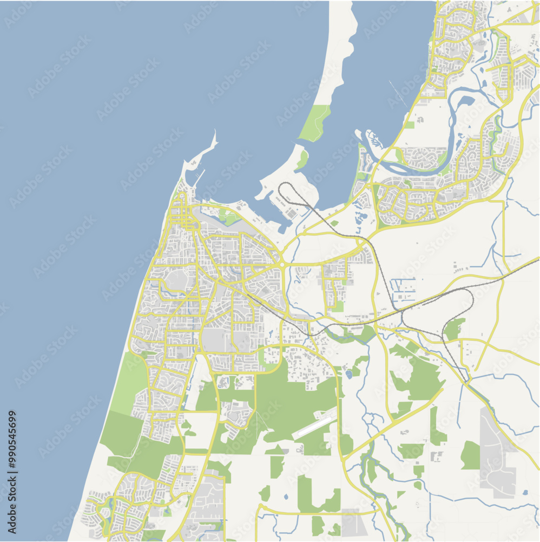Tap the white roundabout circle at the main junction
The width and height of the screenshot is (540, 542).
[x=282, y=264]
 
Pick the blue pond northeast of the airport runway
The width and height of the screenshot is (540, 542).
[x=349, y=374]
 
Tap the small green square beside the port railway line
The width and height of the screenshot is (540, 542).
[x=335, y=223]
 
